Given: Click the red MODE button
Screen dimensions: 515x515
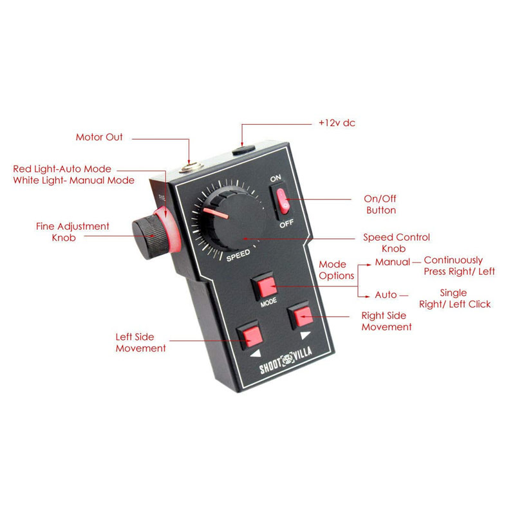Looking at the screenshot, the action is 267,286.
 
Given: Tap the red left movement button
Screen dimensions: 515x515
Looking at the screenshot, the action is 252,336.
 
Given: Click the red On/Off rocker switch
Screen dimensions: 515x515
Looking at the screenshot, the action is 283,201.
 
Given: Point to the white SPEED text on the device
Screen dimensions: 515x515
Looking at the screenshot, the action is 238,256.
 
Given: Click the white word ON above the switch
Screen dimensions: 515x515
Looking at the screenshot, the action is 276,178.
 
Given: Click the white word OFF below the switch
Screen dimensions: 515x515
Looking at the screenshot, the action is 286,223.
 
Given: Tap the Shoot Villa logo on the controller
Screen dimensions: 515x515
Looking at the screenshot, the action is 285,360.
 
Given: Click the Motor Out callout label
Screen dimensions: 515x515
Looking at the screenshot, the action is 99,137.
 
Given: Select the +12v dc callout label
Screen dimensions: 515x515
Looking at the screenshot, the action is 337,123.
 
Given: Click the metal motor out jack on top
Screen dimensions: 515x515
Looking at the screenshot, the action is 191,167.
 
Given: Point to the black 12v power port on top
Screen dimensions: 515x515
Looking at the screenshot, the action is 243,150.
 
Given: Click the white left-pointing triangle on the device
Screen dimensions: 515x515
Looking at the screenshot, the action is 256,353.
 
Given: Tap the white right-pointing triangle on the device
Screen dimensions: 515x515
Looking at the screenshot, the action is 305,335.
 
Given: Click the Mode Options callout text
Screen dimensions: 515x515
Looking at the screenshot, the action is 336,270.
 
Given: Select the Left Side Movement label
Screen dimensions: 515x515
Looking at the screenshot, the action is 140,342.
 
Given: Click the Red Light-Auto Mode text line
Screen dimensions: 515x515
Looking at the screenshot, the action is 62,169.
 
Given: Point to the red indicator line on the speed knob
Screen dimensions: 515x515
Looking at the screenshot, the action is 216,213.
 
